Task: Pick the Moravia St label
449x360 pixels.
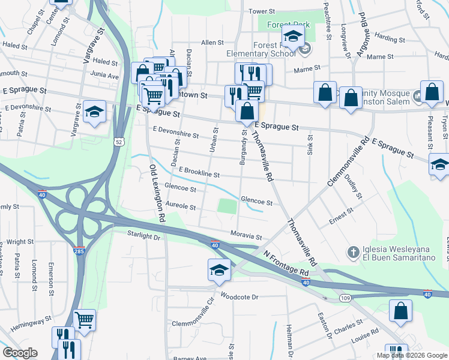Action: click(246, 236)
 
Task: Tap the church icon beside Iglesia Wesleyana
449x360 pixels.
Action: click(354, 251)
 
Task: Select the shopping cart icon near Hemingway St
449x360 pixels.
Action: click(84, 319)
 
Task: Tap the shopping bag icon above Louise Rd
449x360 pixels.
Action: click(400, 311)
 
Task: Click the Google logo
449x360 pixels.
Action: click(20, 353)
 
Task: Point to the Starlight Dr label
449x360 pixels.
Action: click(144, 237)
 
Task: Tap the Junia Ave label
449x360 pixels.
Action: click(105, 76)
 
